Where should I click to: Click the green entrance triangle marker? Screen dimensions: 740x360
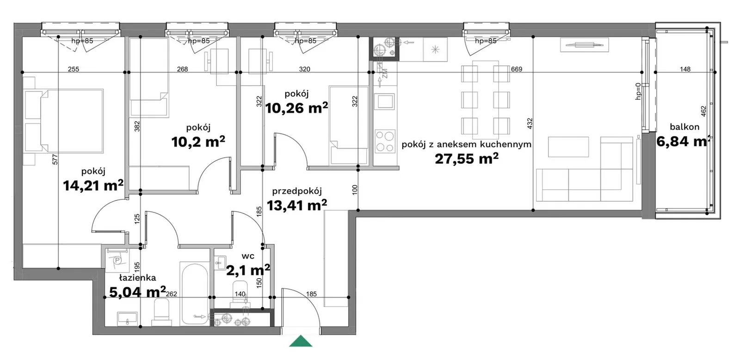[301, 341]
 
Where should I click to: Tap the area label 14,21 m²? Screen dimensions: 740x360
[93, 186]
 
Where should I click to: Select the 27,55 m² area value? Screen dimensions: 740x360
[467, 159]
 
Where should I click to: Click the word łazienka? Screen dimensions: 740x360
[137, 278]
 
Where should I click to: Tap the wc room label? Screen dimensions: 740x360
[248, 256]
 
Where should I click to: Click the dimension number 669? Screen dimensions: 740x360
[516, 69]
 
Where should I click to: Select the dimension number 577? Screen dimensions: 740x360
[55, 160]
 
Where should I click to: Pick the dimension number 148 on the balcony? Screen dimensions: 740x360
[685, 69]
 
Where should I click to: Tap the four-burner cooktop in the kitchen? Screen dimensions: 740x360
[385, 141]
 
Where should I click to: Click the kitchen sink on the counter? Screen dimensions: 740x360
[385, 101]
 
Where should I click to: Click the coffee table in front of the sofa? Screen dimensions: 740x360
[568, 147]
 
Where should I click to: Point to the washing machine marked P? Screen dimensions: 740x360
[117, 261]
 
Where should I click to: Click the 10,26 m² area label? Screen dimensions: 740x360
[296, 108]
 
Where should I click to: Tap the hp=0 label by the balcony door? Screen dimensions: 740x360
[638, 91]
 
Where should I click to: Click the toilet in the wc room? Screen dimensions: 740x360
[240, 292]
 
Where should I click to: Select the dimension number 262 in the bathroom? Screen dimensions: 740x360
[172, 294]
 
